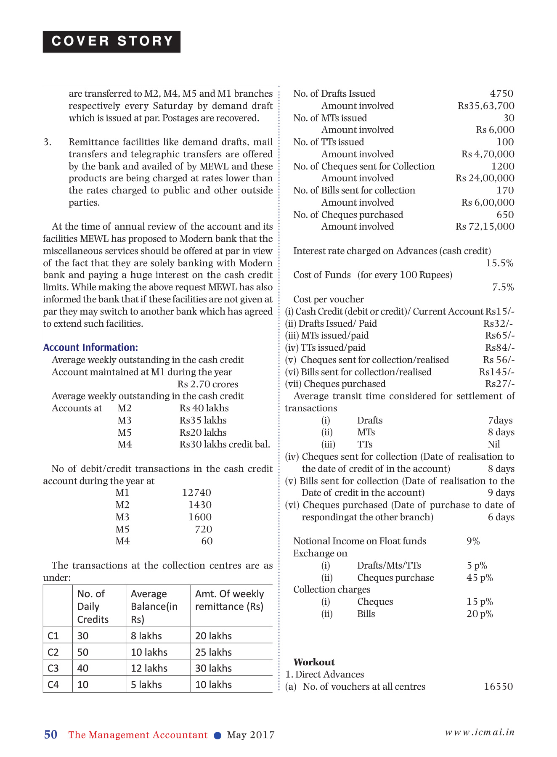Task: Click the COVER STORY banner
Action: tap(111, 42)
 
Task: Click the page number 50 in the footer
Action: tap(51, 734)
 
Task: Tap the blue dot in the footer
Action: tap(217, 735)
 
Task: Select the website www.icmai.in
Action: tap(480, 732)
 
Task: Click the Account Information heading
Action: tap(90, 347)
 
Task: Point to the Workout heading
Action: tap(314, 662)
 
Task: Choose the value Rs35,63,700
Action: tap(486, 106)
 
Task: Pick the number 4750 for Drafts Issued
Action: tap(501, 93)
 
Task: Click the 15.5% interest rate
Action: tap(499, 263)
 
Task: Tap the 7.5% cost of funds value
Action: tap(503, 287)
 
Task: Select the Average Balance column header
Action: tap(154, 606)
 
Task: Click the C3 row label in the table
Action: tap(53, 668)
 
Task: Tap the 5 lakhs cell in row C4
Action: tap(146, 685)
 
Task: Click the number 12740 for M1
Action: tap(196, 492)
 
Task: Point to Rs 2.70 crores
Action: tap(207, 384)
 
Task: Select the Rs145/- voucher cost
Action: tap(496, 372)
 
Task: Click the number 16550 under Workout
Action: tap(498, 686)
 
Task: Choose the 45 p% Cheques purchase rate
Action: tap(479, 577)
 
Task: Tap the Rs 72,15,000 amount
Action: tap(485, 226)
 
